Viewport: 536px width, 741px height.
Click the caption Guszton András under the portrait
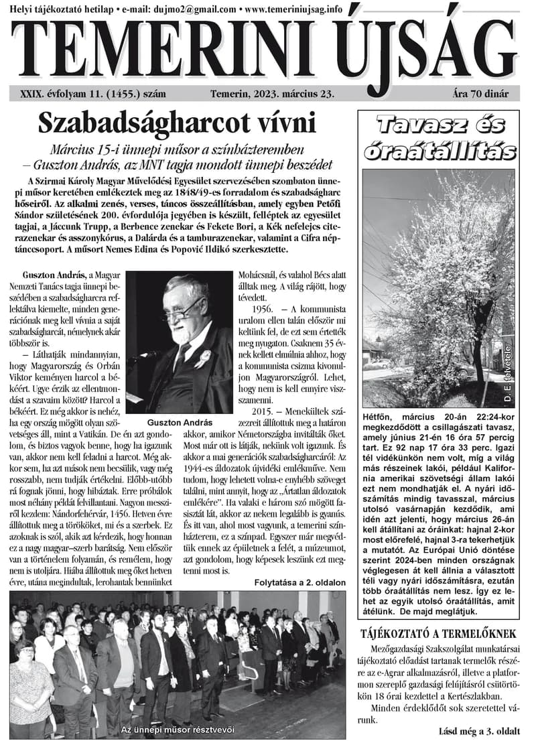click(180, 423)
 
